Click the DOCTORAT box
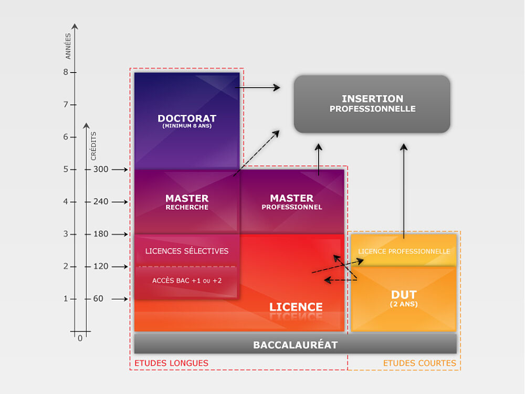187,120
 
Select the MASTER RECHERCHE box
187,202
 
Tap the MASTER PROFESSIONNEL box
292,202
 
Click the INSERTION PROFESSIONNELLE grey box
372,103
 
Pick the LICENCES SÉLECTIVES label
187,251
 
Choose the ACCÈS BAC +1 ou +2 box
187,281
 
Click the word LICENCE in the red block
296,307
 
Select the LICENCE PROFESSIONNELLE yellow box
404,251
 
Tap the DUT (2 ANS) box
404,298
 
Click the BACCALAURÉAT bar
295,345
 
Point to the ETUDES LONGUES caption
171,363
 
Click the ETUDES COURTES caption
419,363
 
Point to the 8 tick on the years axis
66,72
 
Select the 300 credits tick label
101,169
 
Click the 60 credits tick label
98,299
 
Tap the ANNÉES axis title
68,46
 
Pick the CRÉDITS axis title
93,146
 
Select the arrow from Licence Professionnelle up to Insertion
404,189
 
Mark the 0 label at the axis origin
80,338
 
